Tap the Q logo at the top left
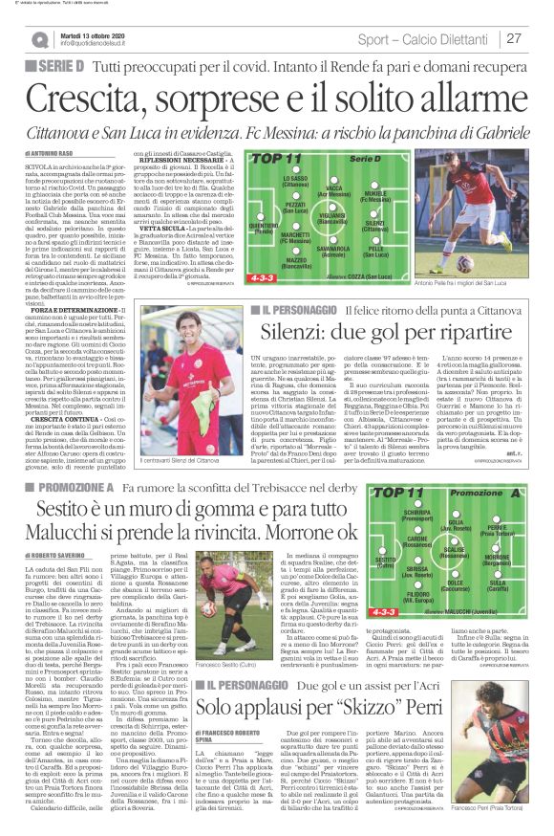point(39,40)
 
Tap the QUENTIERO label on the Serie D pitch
point(262,227)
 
